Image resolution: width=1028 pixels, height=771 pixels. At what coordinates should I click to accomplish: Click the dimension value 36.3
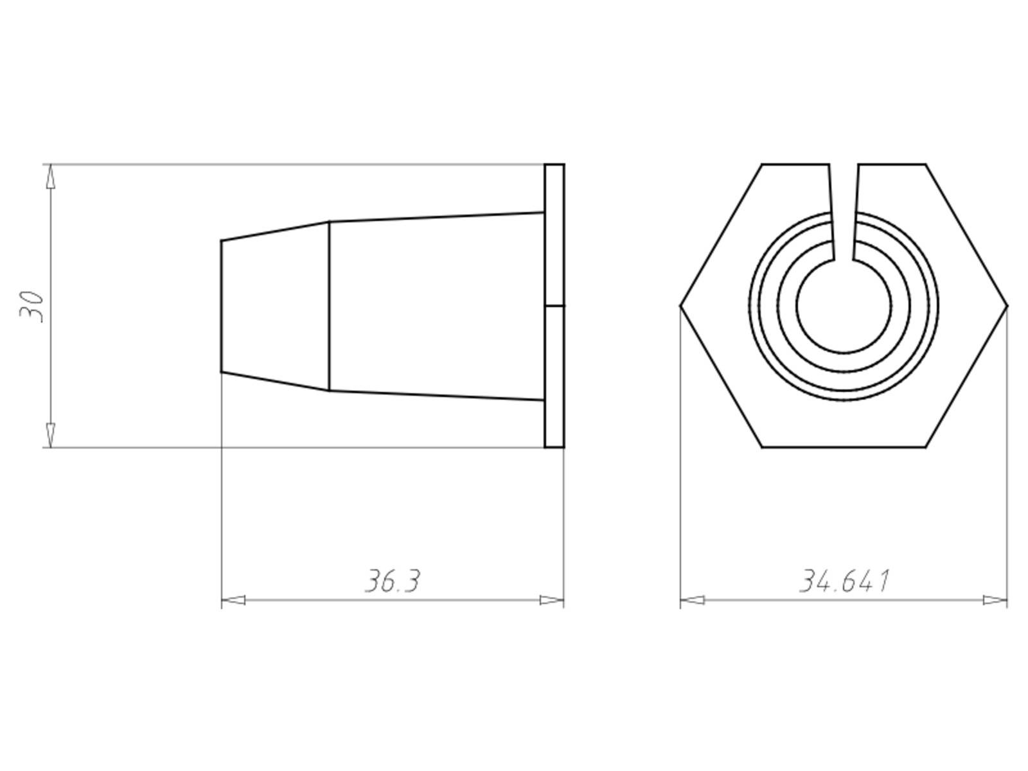point(393,581)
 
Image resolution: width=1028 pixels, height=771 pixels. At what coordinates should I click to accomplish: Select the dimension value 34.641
point(844,581)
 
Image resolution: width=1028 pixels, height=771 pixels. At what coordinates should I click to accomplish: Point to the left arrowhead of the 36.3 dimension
point(233,601)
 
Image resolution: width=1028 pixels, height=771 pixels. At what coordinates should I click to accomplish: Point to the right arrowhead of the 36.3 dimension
point(552,601)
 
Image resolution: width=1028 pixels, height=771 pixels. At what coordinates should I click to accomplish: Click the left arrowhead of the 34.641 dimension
point(692,601)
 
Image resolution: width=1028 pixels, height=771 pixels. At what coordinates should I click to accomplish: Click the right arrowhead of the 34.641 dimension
point(995,601)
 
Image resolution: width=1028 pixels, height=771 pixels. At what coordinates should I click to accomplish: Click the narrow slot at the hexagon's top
point(844,212)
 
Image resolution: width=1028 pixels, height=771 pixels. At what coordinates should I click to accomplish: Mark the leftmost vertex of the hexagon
point(681,306)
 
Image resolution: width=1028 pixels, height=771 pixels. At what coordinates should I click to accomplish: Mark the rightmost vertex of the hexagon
point(1007,306)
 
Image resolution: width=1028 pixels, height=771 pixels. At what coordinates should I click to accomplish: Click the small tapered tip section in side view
point(275,306)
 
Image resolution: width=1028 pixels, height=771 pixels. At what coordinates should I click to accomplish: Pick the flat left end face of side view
point(222,306)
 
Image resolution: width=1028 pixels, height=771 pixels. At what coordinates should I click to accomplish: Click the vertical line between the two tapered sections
point(330,306)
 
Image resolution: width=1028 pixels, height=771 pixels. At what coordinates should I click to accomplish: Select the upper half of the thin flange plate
point(554,235)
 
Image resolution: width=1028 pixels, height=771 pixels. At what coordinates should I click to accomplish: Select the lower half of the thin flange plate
point(554,376)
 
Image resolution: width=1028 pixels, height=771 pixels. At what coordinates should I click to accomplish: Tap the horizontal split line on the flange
point(554,306)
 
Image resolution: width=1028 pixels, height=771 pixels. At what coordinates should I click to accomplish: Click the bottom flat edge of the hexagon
point(844,447)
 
